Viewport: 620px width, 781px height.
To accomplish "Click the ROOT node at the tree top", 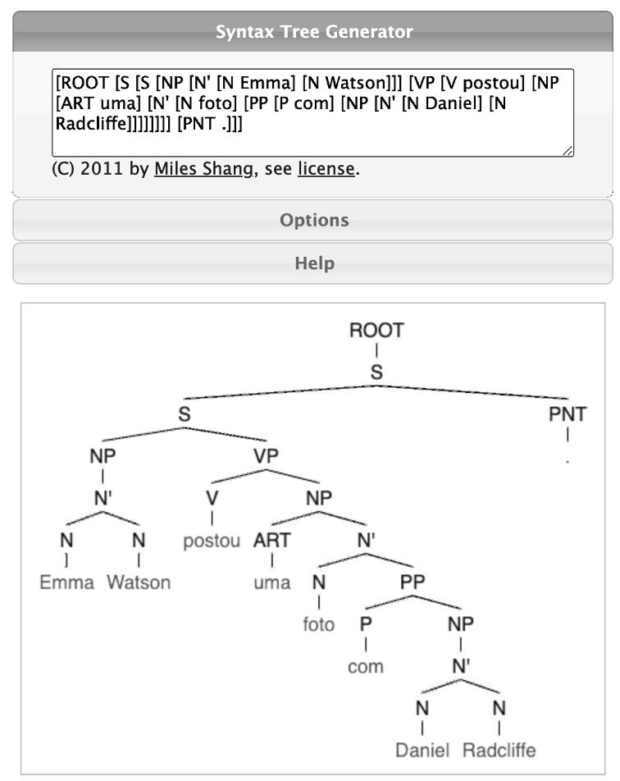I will (376, 331).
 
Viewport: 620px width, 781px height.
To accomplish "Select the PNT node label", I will (568, 414).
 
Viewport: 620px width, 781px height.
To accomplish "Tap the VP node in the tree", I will (267, 457).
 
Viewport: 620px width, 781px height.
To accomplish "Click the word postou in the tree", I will (212, 541).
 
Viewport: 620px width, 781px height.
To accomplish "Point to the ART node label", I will (271, 541).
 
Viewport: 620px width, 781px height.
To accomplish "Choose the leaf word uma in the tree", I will (271, 582).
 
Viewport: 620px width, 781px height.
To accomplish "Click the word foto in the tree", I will (318, 624).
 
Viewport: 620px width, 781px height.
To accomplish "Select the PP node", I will (413, 582).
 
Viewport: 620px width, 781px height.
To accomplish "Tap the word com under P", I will (365, 666).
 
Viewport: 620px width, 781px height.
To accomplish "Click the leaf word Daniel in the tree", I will (422, 750).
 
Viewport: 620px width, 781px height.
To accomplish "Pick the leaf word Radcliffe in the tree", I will (499, 750).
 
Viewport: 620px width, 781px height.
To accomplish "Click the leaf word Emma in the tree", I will (67, 582).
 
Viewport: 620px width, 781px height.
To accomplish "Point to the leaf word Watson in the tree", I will (139, 582).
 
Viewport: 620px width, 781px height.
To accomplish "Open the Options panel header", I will (313, 220).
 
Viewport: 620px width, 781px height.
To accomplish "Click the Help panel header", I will (313, 263).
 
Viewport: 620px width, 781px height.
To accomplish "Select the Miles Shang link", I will (205, 170).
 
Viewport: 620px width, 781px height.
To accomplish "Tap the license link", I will (326, 170).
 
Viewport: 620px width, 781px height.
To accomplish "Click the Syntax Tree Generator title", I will (313, 33).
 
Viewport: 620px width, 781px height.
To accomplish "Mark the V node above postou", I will (212, 499).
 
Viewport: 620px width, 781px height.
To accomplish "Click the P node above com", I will (366, 624).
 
